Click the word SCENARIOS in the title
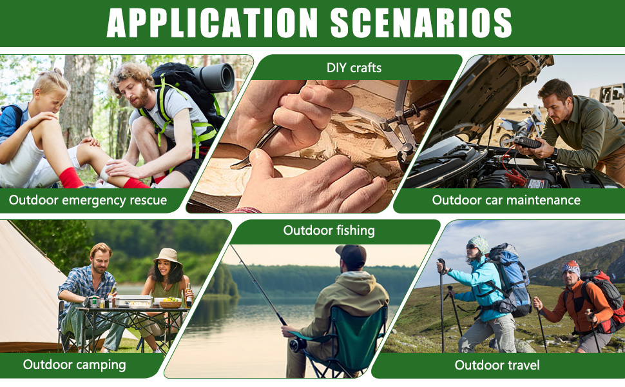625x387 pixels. [x=421, y=23]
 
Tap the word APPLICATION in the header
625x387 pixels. [x=212, y=23]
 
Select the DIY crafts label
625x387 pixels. [x=354, y=68]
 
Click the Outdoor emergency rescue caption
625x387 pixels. [x=88, y=200]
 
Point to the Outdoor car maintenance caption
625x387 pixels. [x=506, y=200]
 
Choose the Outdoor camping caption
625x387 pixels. [x=75, y=364]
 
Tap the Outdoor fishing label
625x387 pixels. [x=329, y=231]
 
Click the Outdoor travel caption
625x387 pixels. [x=497, y=364]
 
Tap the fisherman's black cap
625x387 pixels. [x=352, y=255]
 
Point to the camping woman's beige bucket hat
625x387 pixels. [x=168, y=258]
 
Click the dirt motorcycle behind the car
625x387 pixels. [x=519, y=125]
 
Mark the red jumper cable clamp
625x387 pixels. [x=515, y=178]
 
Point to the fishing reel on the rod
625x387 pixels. [x=298, y=344]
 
